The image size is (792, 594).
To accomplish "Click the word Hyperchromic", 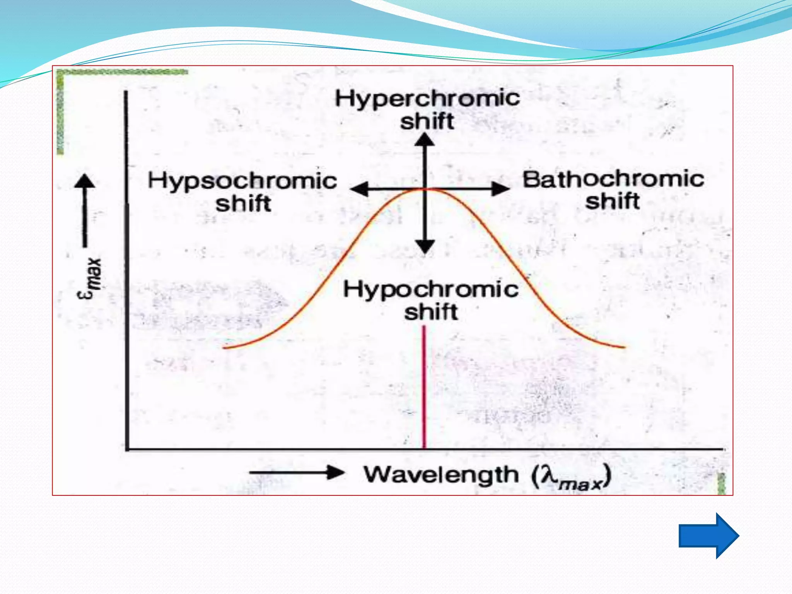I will point(427,98).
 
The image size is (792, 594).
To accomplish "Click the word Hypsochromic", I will point(242,181).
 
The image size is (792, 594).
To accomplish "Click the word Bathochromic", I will point(613,179).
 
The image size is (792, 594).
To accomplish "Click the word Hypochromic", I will point(431,290).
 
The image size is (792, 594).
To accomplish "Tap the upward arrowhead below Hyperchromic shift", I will point(425,140).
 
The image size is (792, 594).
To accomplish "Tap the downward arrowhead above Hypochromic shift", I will point(425,246).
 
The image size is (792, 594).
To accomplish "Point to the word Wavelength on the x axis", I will point(441,475).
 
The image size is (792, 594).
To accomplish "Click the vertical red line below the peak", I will point(424,387).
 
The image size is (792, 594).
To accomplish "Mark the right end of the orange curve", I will point(623,347).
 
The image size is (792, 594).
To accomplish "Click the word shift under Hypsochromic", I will point(243,204).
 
